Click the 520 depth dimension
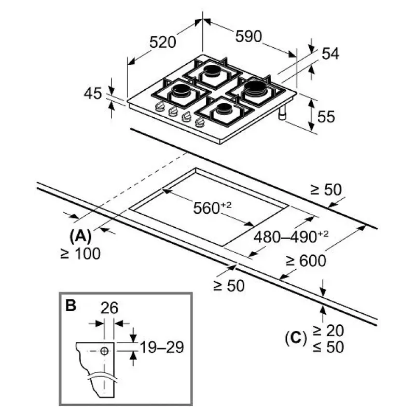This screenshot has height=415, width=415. [x=163, y=42]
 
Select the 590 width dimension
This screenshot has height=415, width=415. [x=248, y=36]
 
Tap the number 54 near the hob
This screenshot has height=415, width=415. [x=330, y=53]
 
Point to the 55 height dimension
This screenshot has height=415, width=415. [x=326, y=117]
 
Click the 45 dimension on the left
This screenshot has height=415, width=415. [x=93, y=93]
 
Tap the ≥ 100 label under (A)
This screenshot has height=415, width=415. [x=79, y=254]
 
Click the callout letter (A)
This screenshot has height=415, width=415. [x=80, y=237]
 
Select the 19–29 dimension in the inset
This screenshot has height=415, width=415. [x=162, y=347]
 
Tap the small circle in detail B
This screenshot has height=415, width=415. [x=105, y=351]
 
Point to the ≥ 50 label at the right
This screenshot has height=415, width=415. [x=326, y=190]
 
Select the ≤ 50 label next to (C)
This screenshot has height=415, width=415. [x=327, y=347]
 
